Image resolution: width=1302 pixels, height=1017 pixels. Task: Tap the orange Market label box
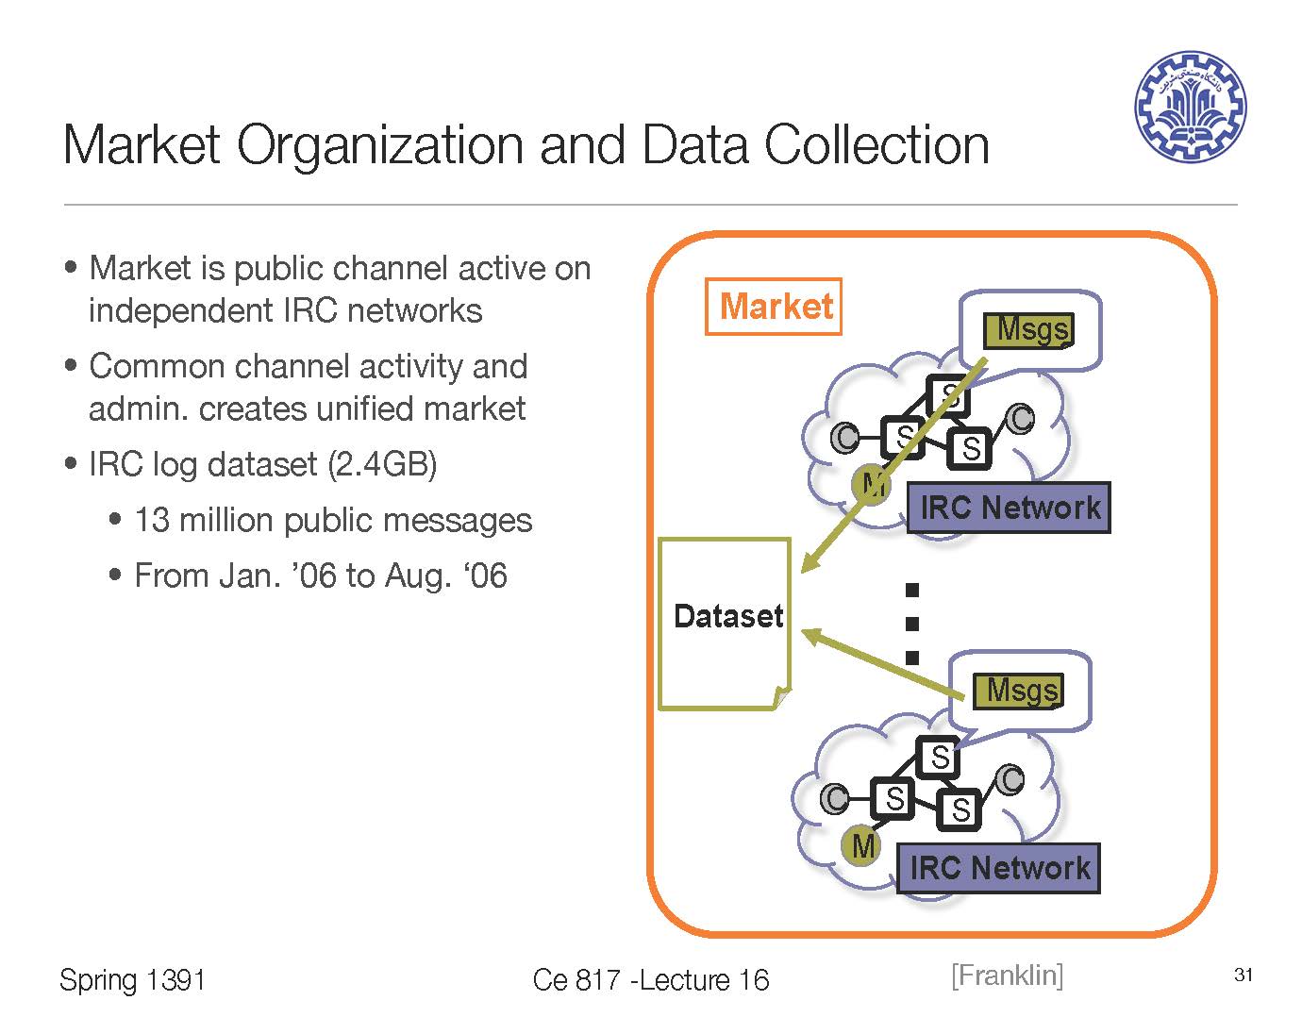coord(774,307)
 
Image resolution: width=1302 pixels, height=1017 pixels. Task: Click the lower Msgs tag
coord(1019,691)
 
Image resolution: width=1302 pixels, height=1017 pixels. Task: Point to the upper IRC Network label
coord(1008,508)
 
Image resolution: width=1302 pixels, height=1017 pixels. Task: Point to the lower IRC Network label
coord(998,868)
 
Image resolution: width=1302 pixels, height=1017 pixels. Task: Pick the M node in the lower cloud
coord(862,845)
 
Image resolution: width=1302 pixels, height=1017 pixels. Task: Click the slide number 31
coord(1243,975)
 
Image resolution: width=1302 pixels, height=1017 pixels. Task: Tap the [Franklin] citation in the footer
coord(1007,975)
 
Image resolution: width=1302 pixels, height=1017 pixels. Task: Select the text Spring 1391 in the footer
coord(132,980)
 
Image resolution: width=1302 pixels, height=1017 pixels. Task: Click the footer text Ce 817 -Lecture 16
coord(650,980)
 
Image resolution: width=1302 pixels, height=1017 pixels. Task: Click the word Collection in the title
coord(876,146)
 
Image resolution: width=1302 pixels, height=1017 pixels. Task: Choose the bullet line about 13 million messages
coord(333,520)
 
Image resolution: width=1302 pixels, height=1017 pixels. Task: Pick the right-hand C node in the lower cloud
coord(1010,780)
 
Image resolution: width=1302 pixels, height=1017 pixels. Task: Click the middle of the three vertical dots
coord(911,624)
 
